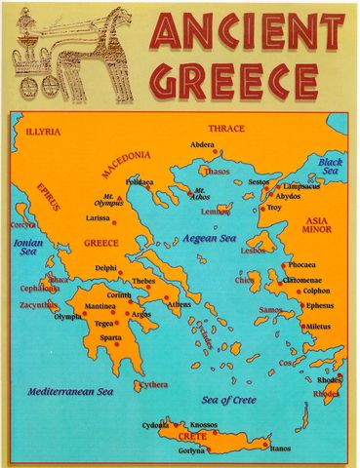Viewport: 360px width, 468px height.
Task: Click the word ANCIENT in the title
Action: click(247, 33)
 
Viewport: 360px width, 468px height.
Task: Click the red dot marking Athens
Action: click(167, 297)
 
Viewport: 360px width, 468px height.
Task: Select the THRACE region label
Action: click(226, 128)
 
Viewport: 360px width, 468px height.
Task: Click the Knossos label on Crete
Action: click(204, 425)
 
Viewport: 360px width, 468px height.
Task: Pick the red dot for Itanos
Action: click(264, 444)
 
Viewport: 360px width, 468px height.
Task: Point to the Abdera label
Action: click(202, 144)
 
